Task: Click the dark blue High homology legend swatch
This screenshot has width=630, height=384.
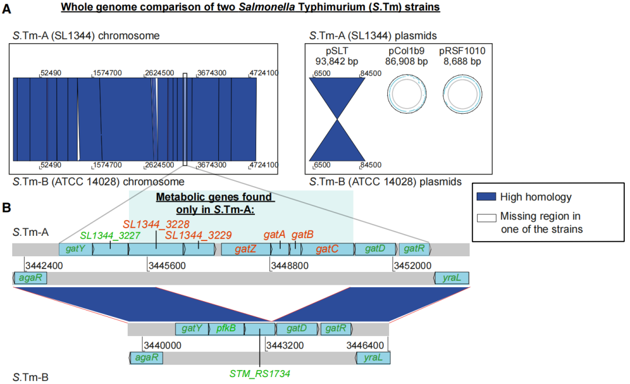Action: tap(487, 197)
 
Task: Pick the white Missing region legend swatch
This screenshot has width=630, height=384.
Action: tap(487, 217)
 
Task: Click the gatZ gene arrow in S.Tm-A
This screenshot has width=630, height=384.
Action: tap(246, 249)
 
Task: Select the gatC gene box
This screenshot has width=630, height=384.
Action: tap(327, 249)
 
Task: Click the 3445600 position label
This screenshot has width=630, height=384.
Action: tap(167, 266)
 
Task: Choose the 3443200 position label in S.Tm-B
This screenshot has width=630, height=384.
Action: tap(284, 345)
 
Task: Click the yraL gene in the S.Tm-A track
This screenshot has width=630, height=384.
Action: tap(452, 278)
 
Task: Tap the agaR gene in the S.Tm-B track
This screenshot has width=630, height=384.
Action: tap(146, 358)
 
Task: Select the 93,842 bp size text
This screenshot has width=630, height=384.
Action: tap(337, 61)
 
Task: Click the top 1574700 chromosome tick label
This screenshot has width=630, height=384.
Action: tap(108, 73)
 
